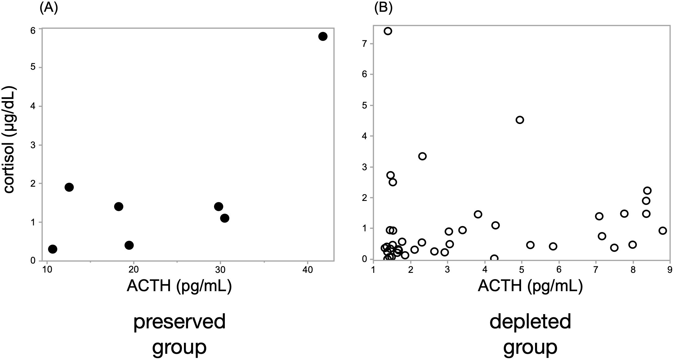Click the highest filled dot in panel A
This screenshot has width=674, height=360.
pos(323,36)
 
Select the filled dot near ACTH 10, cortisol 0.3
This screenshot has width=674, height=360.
pos(52,249)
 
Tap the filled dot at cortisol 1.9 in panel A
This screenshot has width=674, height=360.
pos(69,187)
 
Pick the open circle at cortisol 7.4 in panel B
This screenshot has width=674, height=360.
pos(388,31)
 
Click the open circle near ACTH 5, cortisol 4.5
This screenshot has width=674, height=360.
pos(520,120)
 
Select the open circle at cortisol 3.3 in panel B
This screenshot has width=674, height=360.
pos(422,156)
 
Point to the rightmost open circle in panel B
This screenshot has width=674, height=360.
pos(663,231)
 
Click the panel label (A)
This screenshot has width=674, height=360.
pos(49,7)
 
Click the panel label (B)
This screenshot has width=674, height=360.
pos(383,7)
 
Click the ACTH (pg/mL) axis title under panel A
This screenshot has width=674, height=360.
pos(179,286)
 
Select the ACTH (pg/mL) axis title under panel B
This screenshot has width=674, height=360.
pos(530,286)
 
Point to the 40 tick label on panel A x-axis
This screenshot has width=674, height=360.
pos(307,270)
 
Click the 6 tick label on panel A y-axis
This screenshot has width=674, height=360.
pos(33,30)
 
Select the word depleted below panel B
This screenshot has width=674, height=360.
pos(530,322)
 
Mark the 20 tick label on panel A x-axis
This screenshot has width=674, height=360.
pos(134,270)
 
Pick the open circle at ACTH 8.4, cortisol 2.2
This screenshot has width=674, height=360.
pos(647,190)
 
